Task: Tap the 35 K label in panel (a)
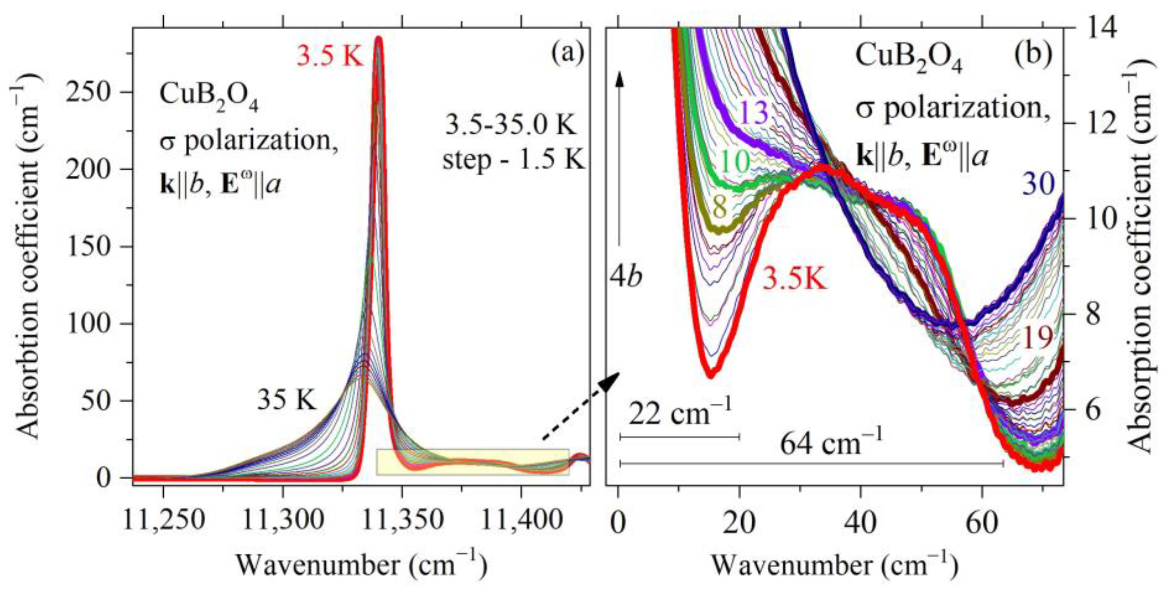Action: pos(287,400)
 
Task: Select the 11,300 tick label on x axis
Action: pos(283,521)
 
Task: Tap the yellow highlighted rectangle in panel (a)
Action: pos(472,462)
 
